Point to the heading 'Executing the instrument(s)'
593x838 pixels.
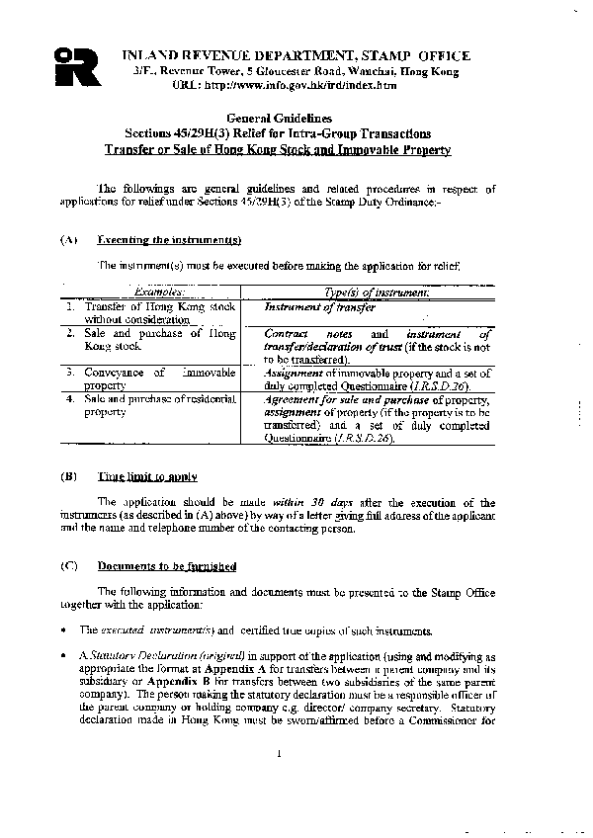coord(169,240)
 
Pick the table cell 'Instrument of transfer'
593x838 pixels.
coord(319,307)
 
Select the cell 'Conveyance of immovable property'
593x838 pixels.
coord(150,378)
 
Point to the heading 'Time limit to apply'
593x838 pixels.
coord(147,476)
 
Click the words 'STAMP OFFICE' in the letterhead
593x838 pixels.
coord(414,56)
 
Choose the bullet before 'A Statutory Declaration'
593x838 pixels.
coord(63,656)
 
